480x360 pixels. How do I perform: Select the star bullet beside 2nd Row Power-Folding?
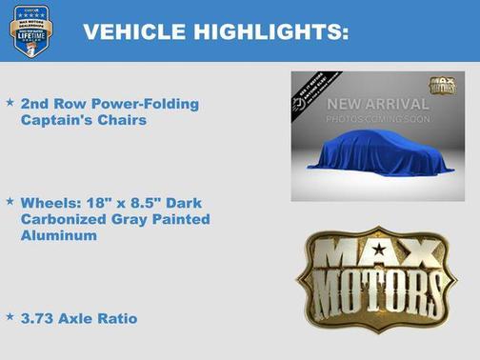pos(10,100)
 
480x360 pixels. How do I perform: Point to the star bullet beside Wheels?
pos(10,202)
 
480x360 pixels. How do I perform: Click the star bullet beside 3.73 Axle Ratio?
pos(10,316)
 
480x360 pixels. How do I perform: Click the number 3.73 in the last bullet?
pos(38,318)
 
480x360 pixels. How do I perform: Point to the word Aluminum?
pos(58,236)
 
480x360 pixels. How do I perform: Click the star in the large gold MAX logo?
pos(379,250)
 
